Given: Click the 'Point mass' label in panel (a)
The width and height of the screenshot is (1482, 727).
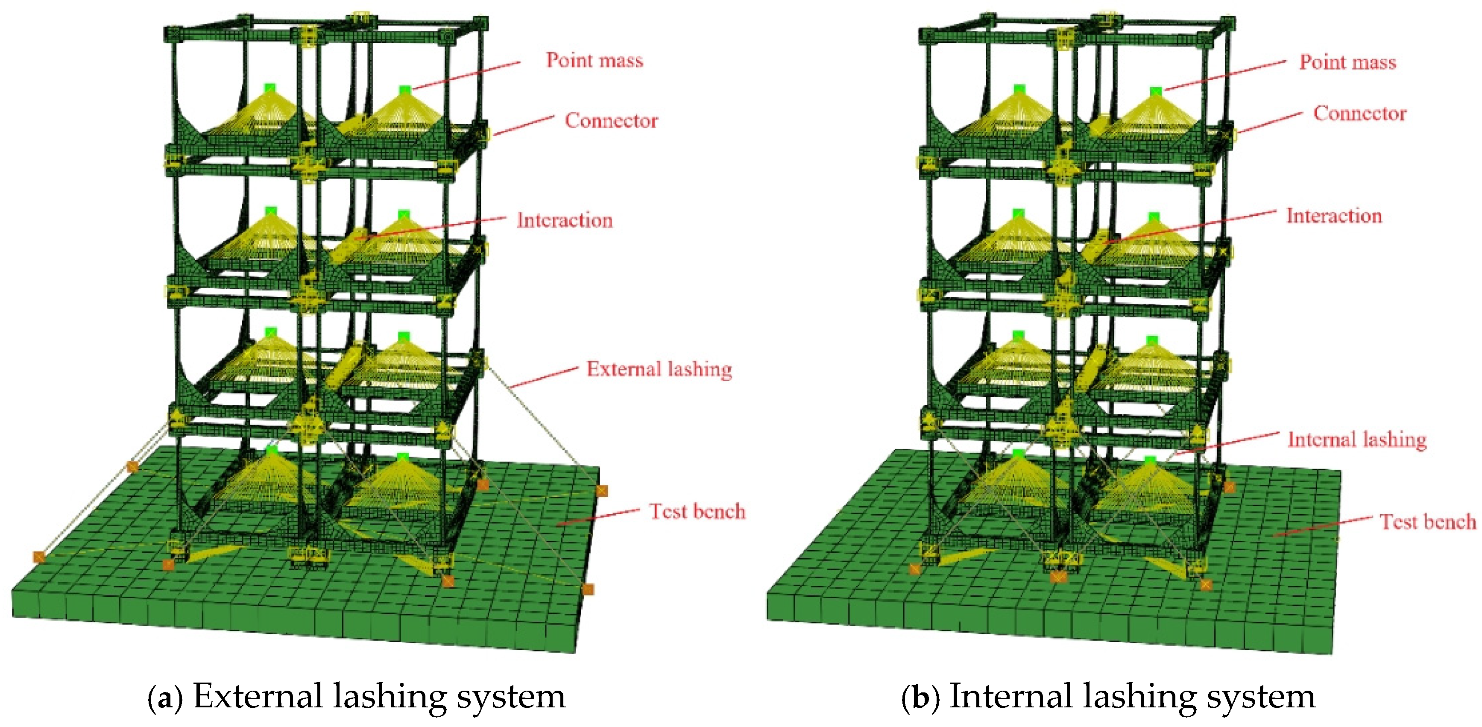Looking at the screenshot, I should coord(595,60).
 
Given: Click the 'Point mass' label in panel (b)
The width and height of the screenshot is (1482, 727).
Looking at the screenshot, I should coord(1347,62).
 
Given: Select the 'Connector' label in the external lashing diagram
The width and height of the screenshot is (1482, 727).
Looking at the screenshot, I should coord(611,120).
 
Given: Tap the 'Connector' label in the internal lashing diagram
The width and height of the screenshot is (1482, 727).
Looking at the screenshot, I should coord(1359,113).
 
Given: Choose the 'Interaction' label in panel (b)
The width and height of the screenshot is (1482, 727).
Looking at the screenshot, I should coord(1333,216).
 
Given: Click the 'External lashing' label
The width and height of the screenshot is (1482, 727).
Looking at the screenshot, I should coord(659,369).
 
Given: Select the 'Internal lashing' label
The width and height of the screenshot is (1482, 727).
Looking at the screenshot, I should coord(1356,440).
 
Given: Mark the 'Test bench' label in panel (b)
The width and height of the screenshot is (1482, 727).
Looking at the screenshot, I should coord(1427,522).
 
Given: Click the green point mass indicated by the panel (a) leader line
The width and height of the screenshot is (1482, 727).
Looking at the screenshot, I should coord(405,90).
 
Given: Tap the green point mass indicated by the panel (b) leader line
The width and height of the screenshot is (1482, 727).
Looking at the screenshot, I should coord(1156,91).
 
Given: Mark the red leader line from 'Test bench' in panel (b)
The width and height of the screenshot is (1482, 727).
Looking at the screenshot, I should coord(1323,526).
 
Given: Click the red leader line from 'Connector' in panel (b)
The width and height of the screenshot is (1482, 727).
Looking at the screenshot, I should coord(1268,123).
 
